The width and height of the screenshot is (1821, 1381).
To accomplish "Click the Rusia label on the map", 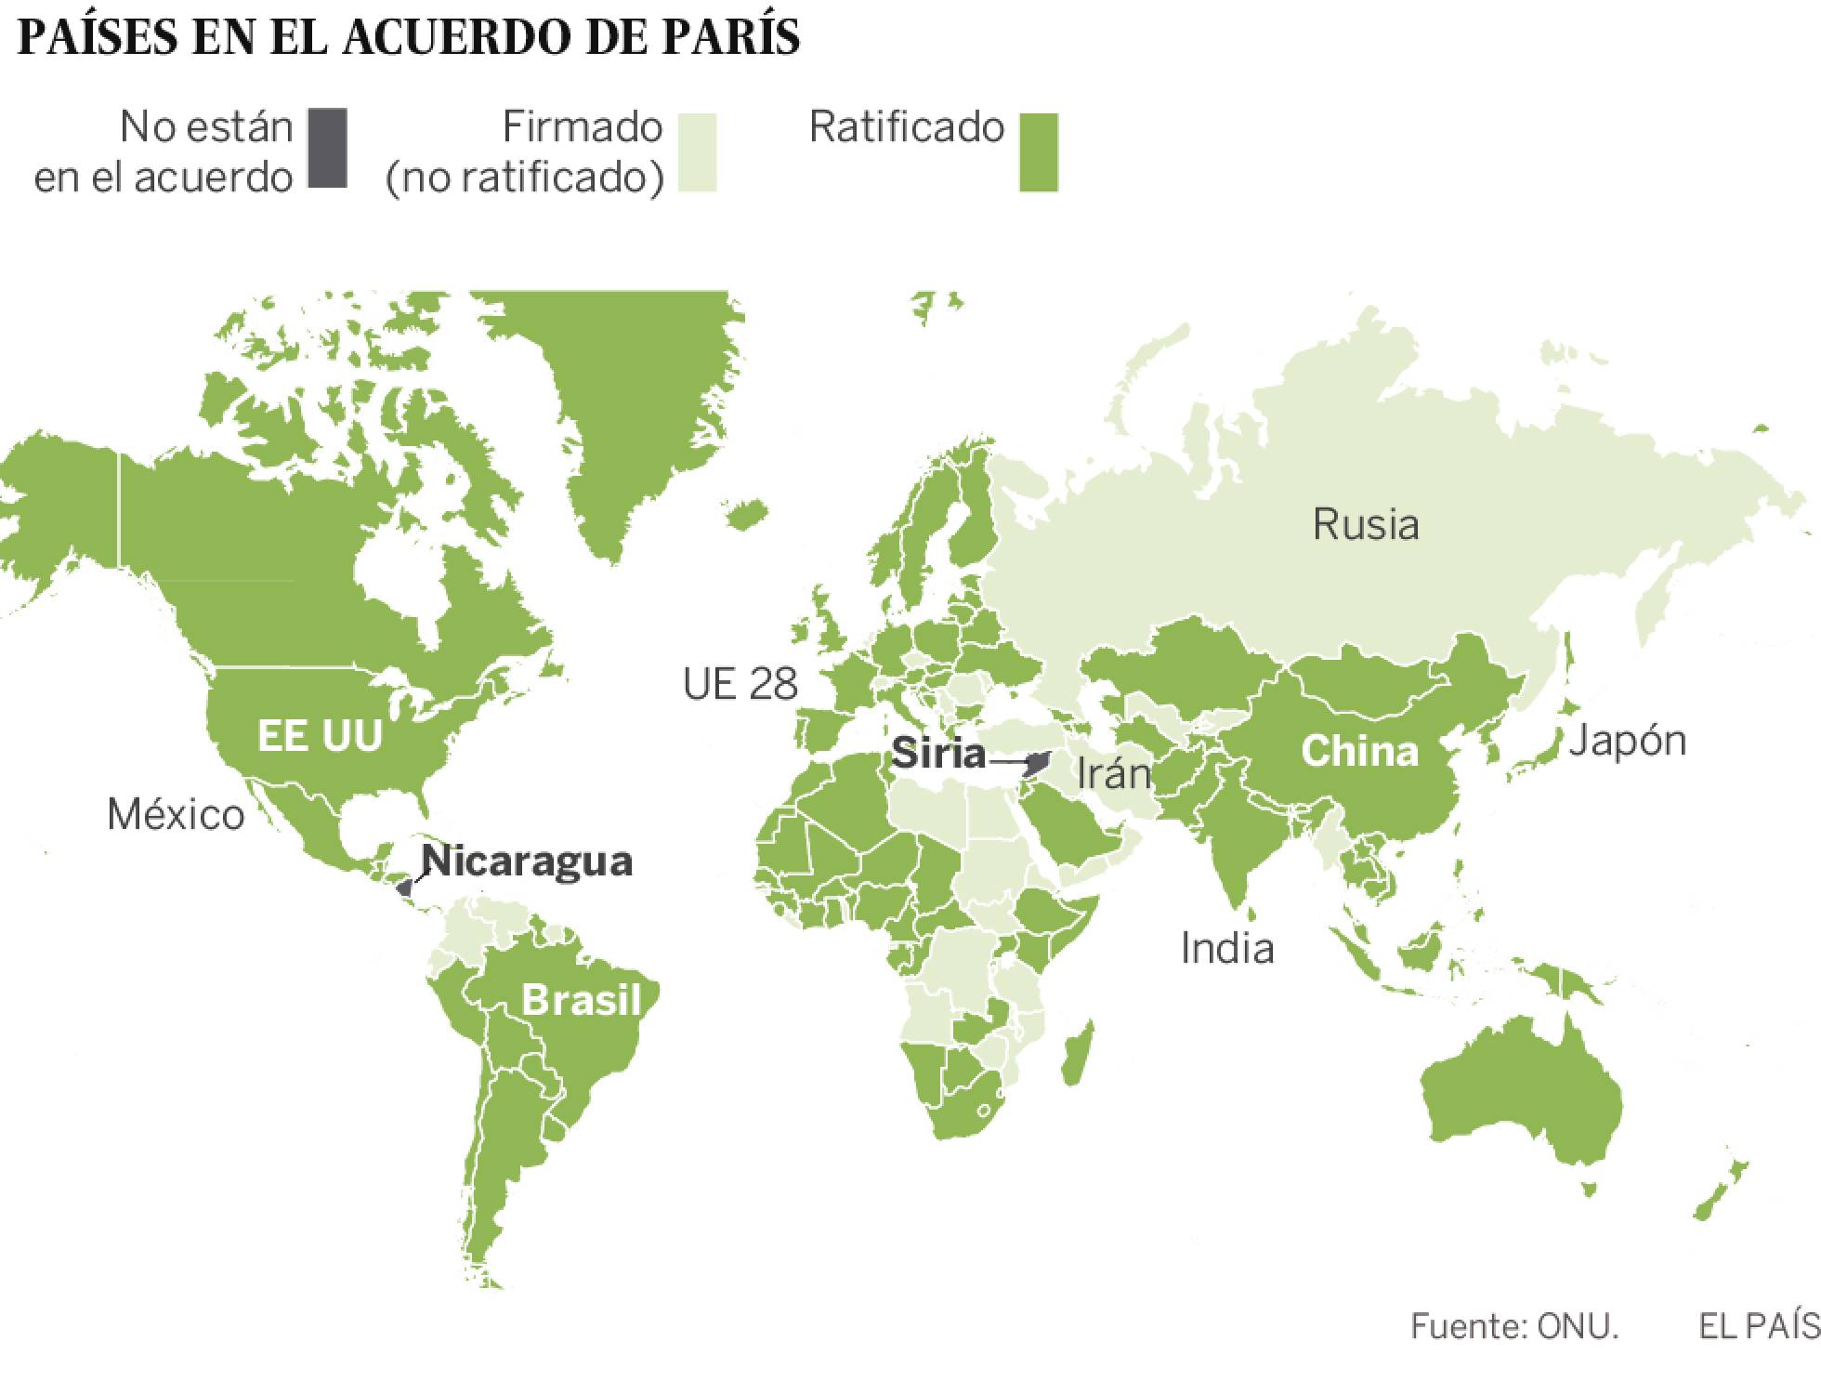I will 1365,525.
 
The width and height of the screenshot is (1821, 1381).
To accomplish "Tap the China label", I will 1359,751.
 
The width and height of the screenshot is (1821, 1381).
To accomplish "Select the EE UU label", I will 320,735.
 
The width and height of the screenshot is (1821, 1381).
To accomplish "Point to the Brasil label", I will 582,1000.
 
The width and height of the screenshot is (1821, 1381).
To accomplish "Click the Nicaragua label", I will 527,861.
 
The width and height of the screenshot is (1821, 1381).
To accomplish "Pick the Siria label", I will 937,753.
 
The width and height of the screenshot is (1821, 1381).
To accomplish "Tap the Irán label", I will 1114,773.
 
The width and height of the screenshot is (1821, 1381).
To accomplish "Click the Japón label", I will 1627,741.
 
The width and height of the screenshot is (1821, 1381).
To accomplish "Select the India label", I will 1226,948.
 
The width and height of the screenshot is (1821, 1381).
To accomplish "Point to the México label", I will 176,814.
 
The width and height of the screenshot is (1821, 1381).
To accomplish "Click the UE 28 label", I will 740,685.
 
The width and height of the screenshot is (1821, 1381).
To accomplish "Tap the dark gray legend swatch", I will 327,149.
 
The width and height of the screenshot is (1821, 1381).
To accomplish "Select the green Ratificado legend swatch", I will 1038,153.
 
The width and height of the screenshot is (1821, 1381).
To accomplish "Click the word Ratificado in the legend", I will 906,127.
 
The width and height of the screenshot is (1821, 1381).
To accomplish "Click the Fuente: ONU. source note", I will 1513,1326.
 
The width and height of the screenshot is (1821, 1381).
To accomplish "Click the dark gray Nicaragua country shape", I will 404,888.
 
